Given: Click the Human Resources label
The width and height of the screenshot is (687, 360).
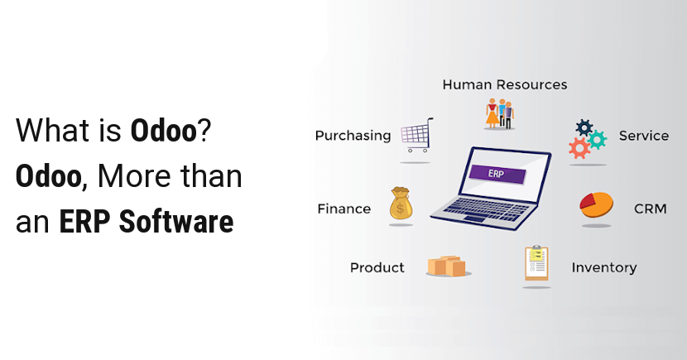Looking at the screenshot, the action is (x=505, y=84).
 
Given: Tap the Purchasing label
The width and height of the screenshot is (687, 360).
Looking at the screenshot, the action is (x=353, y=136).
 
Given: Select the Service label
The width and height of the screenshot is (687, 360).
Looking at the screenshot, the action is (x=644, y=136).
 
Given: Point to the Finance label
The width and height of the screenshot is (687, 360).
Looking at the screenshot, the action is (x=344, y=209).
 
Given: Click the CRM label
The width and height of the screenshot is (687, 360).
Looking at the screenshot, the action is (x=651, y=209).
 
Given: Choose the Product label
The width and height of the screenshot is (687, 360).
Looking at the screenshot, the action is (x=377, y=267).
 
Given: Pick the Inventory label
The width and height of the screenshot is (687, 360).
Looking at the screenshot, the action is (x=604, y=267).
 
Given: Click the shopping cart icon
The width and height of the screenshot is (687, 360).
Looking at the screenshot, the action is (x=417, y=135).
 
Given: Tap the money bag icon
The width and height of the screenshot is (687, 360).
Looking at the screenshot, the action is (x=401, y=204).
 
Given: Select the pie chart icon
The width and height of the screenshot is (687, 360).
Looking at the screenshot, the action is (x=596, y=204).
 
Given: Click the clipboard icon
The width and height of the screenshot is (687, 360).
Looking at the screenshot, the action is (x=536, y=263).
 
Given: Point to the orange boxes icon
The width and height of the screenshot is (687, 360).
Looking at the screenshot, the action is (x=446, y=266).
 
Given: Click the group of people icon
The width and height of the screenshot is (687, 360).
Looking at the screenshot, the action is (x=499, y=113).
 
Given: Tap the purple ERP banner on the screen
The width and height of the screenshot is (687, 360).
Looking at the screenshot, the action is (x=497, y=174).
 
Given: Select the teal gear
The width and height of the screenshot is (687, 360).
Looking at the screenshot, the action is (x=597, y=140).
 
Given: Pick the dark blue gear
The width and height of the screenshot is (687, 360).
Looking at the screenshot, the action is (x=584, y=128).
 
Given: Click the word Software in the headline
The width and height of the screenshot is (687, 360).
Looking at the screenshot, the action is (x=176, y=222).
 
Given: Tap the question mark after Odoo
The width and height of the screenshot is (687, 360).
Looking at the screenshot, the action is (x=204, y=130).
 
